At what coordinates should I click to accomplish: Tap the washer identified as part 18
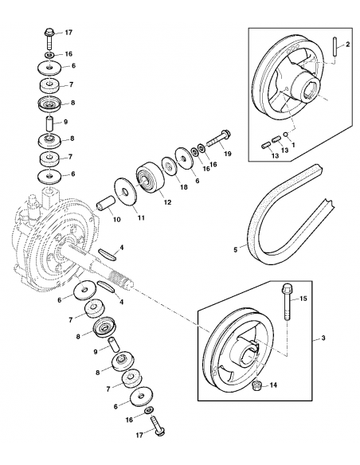[169, 168]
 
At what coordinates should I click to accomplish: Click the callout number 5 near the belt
[235, 249]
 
